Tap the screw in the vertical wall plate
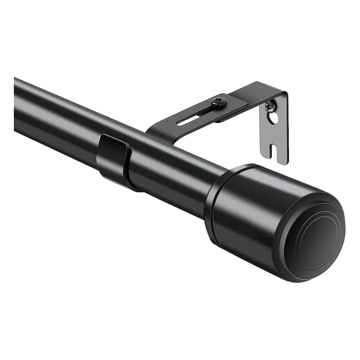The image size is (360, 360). (x=270, y=105)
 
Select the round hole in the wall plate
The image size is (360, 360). (x=272, y=117)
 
